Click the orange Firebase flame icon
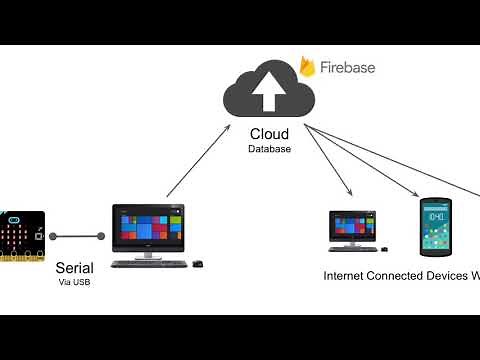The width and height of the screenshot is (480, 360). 307,67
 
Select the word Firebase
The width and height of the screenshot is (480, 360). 347,67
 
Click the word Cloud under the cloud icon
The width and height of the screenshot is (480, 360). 270,134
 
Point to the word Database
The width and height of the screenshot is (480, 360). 270,149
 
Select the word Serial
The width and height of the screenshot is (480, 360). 75,268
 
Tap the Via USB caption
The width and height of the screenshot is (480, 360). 75,283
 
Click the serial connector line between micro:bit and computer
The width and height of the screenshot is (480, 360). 78,237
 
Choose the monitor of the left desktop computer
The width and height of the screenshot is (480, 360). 150,225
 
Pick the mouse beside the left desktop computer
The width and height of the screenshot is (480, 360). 197,263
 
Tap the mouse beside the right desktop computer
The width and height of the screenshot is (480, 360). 385,249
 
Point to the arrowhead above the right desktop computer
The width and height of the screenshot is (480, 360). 351,194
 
